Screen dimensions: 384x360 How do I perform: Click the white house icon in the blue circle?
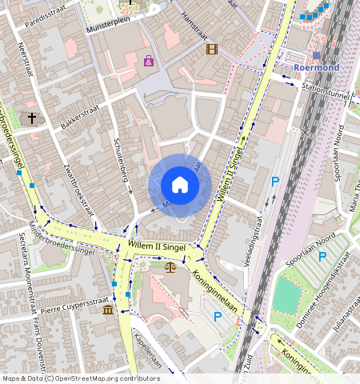click(180, 186)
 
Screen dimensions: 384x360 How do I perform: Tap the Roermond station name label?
click(317, 68)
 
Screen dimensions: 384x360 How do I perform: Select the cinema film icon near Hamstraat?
click(211, 49)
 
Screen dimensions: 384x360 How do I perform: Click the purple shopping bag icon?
click(149, 60)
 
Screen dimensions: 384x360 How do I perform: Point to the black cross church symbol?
click(32, 118)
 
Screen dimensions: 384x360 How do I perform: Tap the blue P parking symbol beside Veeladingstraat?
click(274, 182)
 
